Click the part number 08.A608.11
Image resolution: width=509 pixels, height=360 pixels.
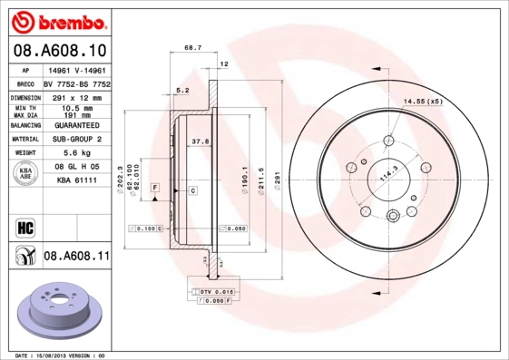[x=76, y=257]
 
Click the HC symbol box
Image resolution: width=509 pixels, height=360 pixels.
[x=24, y=226]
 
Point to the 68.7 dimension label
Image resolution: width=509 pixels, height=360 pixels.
[x=192, y=47]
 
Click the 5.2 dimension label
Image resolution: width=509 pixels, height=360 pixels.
[x=181, y=90]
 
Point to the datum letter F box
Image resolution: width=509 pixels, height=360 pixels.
[x=155, y=186]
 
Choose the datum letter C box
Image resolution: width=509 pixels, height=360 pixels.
[x=193, y=190]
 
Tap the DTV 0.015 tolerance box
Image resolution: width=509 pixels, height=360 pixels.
[x=216, y=291]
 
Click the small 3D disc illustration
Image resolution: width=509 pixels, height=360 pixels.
[x=59, y=311]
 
